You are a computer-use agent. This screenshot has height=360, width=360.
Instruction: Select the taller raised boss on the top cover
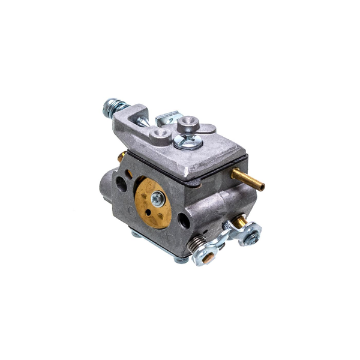point(188,124)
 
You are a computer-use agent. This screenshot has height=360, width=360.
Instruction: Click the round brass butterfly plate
point(152,203)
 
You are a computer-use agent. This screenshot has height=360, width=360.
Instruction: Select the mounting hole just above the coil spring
point(184,221)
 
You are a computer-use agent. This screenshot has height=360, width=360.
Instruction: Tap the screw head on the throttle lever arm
point(252,235)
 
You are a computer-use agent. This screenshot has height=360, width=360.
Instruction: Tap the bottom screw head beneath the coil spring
point(181,260)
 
